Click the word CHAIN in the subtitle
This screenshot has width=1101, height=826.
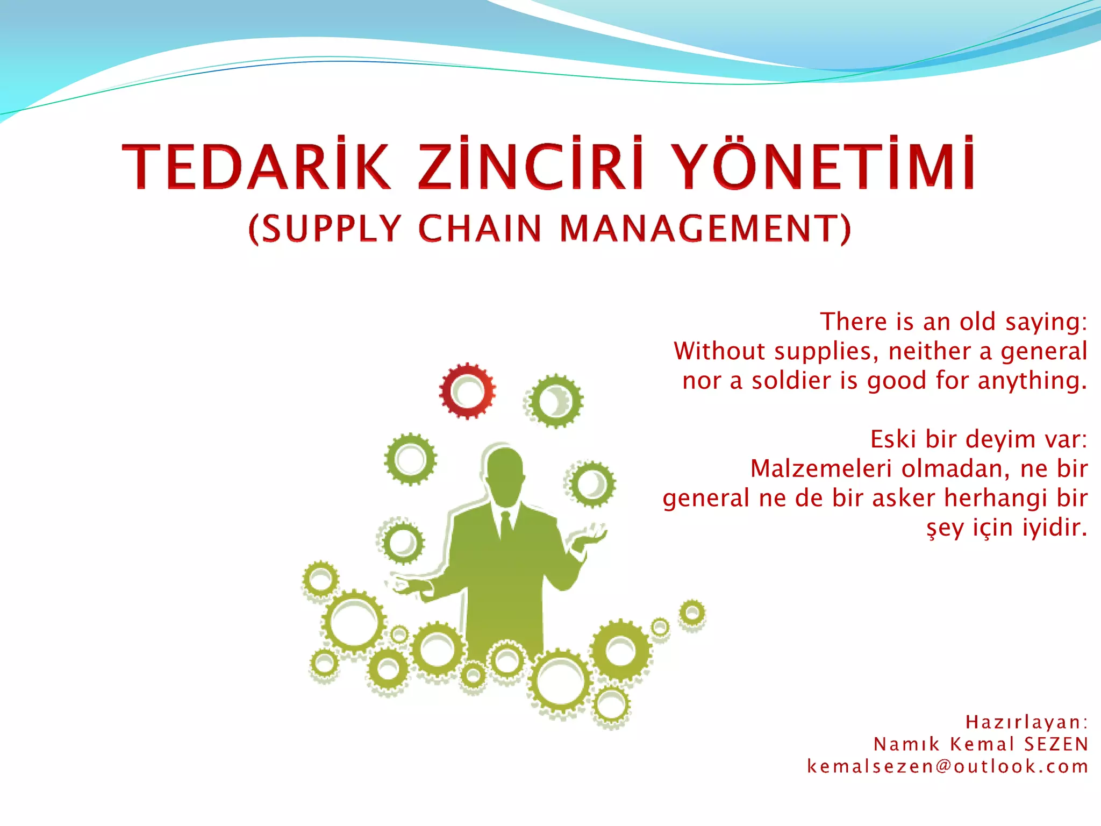point(480,229)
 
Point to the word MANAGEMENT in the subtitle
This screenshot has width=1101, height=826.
point(704,229)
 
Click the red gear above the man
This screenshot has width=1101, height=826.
point(467,391)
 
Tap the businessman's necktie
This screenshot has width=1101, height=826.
point(505,525)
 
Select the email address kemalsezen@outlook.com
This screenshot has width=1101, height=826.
point(948,766)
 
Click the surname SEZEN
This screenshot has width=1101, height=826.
point(1056,744)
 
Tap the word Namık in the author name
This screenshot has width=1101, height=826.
point(906,744)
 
